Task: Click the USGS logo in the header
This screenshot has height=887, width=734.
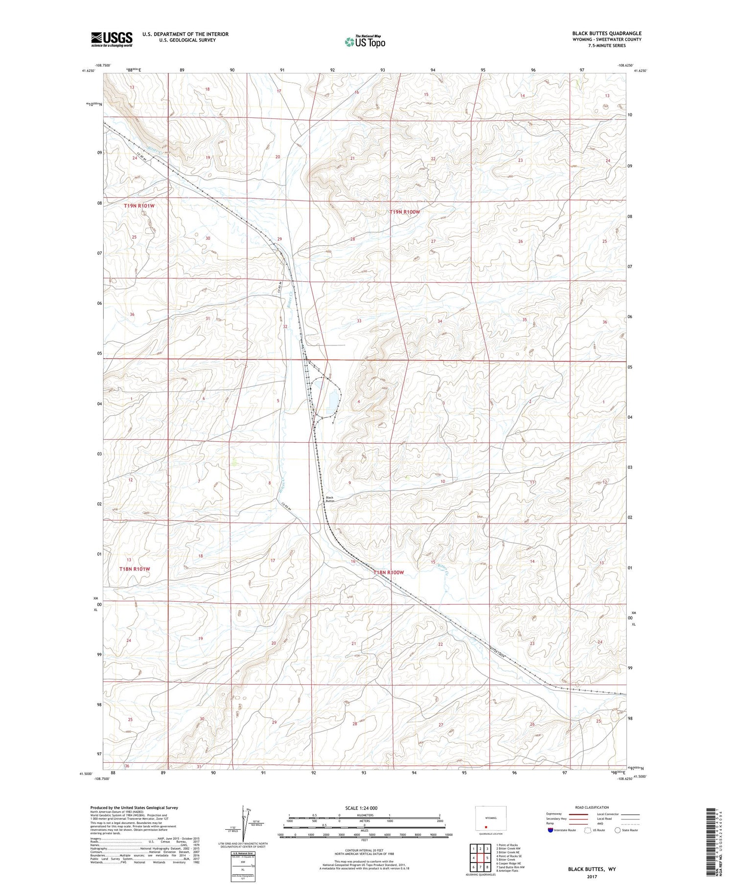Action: click(112, 39)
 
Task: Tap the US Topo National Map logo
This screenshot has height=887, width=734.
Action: click(365, 42)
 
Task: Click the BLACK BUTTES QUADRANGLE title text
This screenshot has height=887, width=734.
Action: click(606, 33)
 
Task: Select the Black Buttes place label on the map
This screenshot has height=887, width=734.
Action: click(330, 500)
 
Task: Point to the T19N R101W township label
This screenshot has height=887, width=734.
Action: click(139, 206)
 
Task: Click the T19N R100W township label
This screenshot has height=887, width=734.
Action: click(405, 212)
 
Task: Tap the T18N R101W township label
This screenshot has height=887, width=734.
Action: click(135, 569)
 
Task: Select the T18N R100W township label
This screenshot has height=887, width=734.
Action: click(389, 572)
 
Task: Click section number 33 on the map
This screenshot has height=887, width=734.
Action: click(359, 321)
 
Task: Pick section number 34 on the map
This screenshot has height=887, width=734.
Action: click(440, 321)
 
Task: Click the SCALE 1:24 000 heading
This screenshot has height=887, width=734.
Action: click(364, 808)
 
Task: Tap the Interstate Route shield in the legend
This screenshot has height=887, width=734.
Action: click(550, 830)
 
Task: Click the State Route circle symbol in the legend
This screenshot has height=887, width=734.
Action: click(618, 830)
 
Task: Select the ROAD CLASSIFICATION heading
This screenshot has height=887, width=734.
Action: click(592, 807)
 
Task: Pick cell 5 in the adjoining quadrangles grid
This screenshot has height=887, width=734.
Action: click(487, 858)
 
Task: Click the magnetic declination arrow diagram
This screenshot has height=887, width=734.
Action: click(245, 823)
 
